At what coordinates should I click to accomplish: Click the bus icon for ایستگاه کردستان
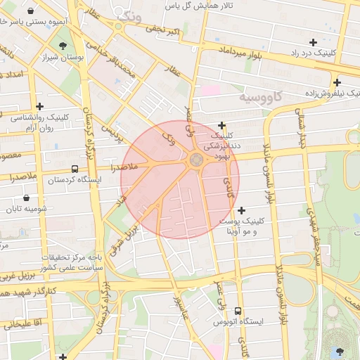75,169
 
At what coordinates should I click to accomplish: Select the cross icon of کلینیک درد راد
313,43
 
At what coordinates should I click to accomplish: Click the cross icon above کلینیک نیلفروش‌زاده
337,82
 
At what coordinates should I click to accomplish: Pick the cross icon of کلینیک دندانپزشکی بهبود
222,125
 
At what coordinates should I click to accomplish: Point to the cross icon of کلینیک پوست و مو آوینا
242,210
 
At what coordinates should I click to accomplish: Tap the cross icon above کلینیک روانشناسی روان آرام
39,106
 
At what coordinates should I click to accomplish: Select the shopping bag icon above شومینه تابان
27,198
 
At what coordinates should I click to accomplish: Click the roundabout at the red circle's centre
196,162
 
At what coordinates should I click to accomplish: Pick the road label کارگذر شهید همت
29,290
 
